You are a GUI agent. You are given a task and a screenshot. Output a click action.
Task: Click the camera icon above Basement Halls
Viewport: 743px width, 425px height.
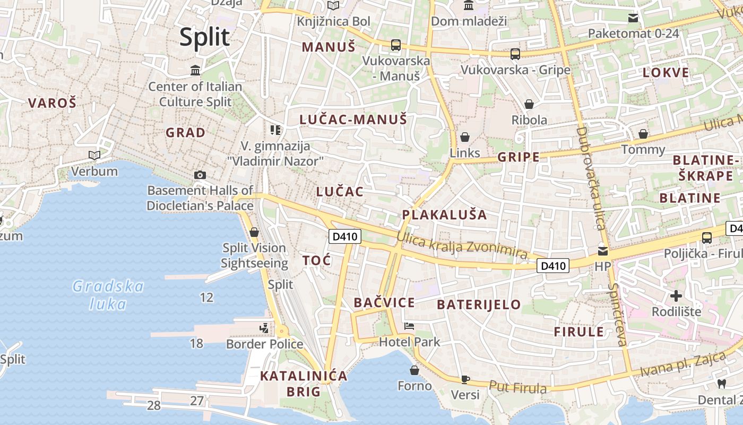[x=200, y=175]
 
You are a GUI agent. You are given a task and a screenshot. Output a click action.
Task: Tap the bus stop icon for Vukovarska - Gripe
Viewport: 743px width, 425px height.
[x=515, y=54]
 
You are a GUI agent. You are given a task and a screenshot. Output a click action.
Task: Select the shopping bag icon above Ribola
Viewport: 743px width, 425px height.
[x=529, y=104]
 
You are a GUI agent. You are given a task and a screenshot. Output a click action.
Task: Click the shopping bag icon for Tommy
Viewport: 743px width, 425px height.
[x=643, y=134]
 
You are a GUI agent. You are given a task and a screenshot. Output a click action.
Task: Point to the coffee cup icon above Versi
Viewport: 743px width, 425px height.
[x=465, y=379]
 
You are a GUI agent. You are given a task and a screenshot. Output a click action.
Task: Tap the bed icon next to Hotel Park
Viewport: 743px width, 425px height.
[x=409, y=326]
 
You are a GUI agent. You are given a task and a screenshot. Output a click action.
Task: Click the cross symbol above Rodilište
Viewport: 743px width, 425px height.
[x=676, y=295]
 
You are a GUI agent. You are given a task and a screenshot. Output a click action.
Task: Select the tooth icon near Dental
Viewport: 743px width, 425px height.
[x=721, y=384]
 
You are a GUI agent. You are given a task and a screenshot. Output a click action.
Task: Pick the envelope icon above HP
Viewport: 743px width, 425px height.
[x=603, y=250]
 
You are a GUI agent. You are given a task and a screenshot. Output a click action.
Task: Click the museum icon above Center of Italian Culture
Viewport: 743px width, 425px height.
[x=195, y=70]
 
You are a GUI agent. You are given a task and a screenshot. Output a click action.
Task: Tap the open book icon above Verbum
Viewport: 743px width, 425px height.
[x=94, y=155]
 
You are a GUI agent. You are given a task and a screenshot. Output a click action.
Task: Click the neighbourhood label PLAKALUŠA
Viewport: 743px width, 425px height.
[x=444, y=215]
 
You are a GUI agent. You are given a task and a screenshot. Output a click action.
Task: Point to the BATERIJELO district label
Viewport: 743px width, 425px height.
[x=479, y=304]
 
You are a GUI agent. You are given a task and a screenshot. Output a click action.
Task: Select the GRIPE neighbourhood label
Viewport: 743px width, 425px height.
[x=518, y=157]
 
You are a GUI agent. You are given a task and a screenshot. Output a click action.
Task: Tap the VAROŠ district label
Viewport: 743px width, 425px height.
[x=52, y=103]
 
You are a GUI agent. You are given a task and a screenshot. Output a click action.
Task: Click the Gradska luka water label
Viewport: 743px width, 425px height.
[x=108, y=295]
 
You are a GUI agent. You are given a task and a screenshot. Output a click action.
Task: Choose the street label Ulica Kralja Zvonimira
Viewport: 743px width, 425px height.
[x=462, y=248]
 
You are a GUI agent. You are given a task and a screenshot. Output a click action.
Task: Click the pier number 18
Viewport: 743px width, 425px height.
[x=196, y=344]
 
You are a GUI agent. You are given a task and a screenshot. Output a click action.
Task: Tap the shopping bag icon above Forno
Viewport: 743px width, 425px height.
[x=414, y=370]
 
